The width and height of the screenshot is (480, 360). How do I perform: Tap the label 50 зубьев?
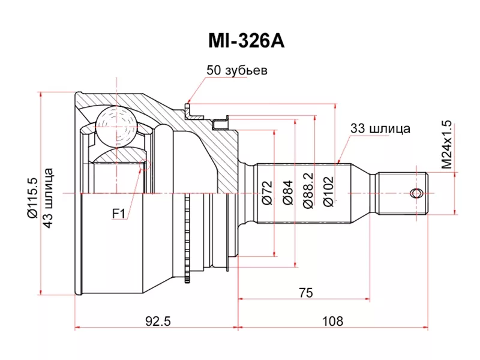pos(236,70)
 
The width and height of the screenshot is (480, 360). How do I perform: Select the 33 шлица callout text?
pos(380,128)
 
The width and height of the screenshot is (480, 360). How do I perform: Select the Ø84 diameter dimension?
pos(287,193)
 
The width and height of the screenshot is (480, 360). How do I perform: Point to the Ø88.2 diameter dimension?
pos(307,193)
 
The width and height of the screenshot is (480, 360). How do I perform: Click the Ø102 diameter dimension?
pos(328,193)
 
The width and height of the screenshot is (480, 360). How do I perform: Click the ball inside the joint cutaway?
pos(116,125)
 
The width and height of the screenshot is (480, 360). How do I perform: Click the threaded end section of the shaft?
pos(403,193)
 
